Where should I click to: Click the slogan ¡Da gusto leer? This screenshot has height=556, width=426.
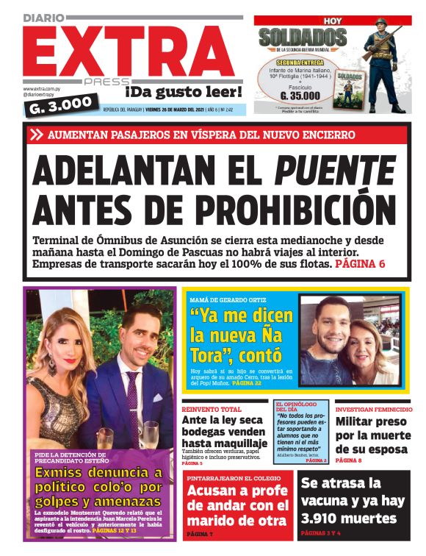coord(183,92)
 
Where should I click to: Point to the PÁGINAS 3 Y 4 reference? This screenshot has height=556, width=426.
coord(324,531)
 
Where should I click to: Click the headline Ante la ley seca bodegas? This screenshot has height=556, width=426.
coord(223,432)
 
